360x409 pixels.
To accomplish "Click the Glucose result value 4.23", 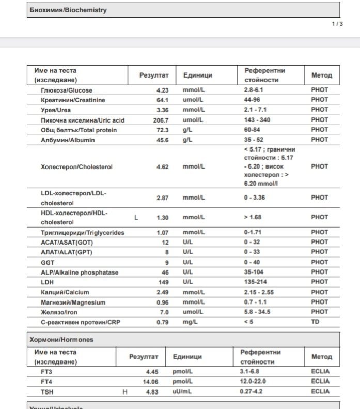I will click(x=162, y=90).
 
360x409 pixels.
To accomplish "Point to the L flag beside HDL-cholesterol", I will click(x=136, y=218).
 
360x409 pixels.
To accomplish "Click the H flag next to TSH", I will click(x=124, y=392).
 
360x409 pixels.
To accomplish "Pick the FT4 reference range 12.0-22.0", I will click(x=257, y=382).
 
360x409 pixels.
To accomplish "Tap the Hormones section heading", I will click(x=60, y=340).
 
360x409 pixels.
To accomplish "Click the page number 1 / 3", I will click(x=337, y=24).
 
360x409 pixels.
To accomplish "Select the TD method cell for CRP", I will click(x=315, y=322).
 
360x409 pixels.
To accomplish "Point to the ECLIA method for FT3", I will click(x=320, y=372).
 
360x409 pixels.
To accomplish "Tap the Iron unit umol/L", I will click(x=194, y=312).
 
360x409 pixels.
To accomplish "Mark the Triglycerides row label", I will click(x=83, y=233).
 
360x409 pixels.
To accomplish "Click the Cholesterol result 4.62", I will click(x=162, y=167).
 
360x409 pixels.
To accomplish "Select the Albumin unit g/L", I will click(x=187, y=140).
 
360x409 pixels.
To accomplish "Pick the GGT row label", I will click(x=48, y=263).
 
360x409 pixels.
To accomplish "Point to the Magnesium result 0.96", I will click(x=162, y=302).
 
